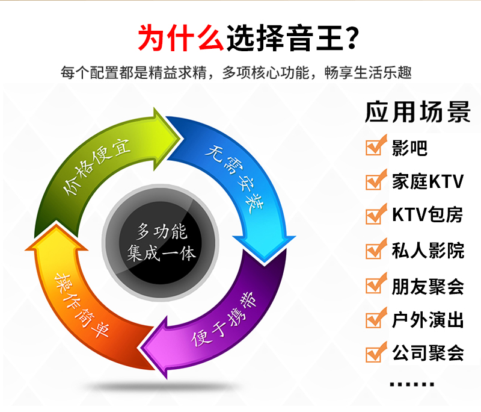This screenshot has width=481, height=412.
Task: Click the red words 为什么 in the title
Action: click(x=181, y=37)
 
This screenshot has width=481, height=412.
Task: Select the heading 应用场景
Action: click(x=417, y=111)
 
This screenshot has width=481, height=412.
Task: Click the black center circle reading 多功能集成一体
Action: click(x=161, y=242)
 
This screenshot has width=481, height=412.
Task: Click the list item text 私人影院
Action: click(x=428, y=251)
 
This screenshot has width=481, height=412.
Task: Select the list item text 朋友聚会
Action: click(x=428, y=286)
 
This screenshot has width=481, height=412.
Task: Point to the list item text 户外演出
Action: click(x=428, y=320)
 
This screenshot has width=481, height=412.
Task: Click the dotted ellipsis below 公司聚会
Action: click(x=412, y=384)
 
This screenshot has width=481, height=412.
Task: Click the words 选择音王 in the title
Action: click(x=284, y=37)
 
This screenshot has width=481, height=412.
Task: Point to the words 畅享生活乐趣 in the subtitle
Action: click(x=368, y=73)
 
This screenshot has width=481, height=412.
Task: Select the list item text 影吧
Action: click(x=409, y=148)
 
